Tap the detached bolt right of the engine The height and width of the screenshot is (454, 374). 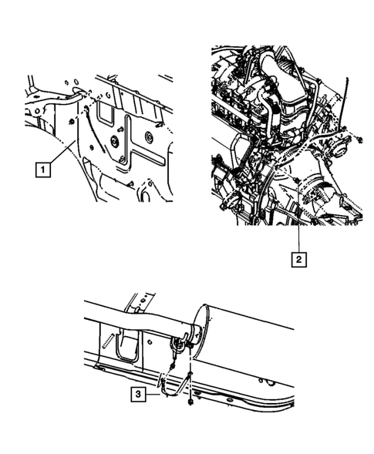pyautogui.click(x=359, y=140)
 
